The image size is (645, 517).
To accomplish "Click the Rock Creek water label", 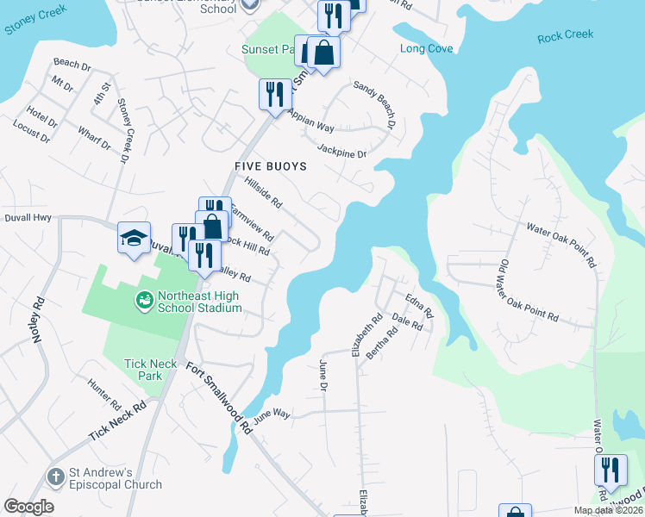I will coord(566,35).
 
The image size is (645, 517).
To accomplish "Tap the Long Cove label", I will coord(427,49).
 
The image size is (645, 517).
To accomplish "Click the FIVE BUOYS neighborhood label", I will coord(271,165).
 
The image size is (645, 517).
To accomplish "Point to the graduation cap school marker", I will coord(135,239).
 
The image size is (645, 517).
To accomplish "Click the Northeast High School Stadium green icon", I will coord(144,300).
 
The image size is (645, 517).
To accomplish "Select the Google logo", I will coord(28,507).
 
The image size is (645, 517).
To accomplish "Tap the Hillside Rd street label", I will coord(264,193).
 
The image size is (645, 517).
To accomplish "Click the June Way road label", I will coord(272,414).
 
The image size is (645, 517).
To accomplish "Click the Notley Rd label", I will coord(38,320).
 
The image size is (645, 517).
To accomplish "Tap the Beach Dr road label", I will coord(72,64).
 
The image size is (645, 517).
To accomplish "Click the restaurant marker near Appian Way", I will coord(274,93).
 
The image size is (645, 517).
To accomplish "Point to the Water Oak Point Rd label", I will coord(562,244).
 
